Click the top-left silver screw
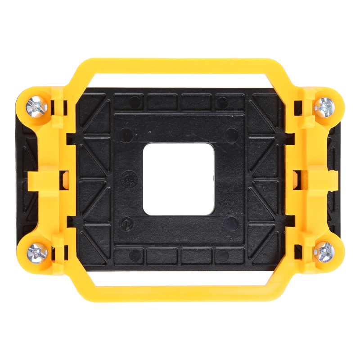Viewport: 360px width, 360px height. click(36, 107)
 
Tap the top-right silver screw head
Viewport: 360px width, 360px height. click(324, 107)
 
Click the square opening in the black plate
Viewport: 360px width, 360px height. click(178, 179)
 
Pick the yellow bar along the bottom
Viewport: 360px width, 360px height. click(180, 293)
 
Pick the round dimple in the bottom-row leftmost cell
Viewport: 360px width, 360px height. click(134, 256)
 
